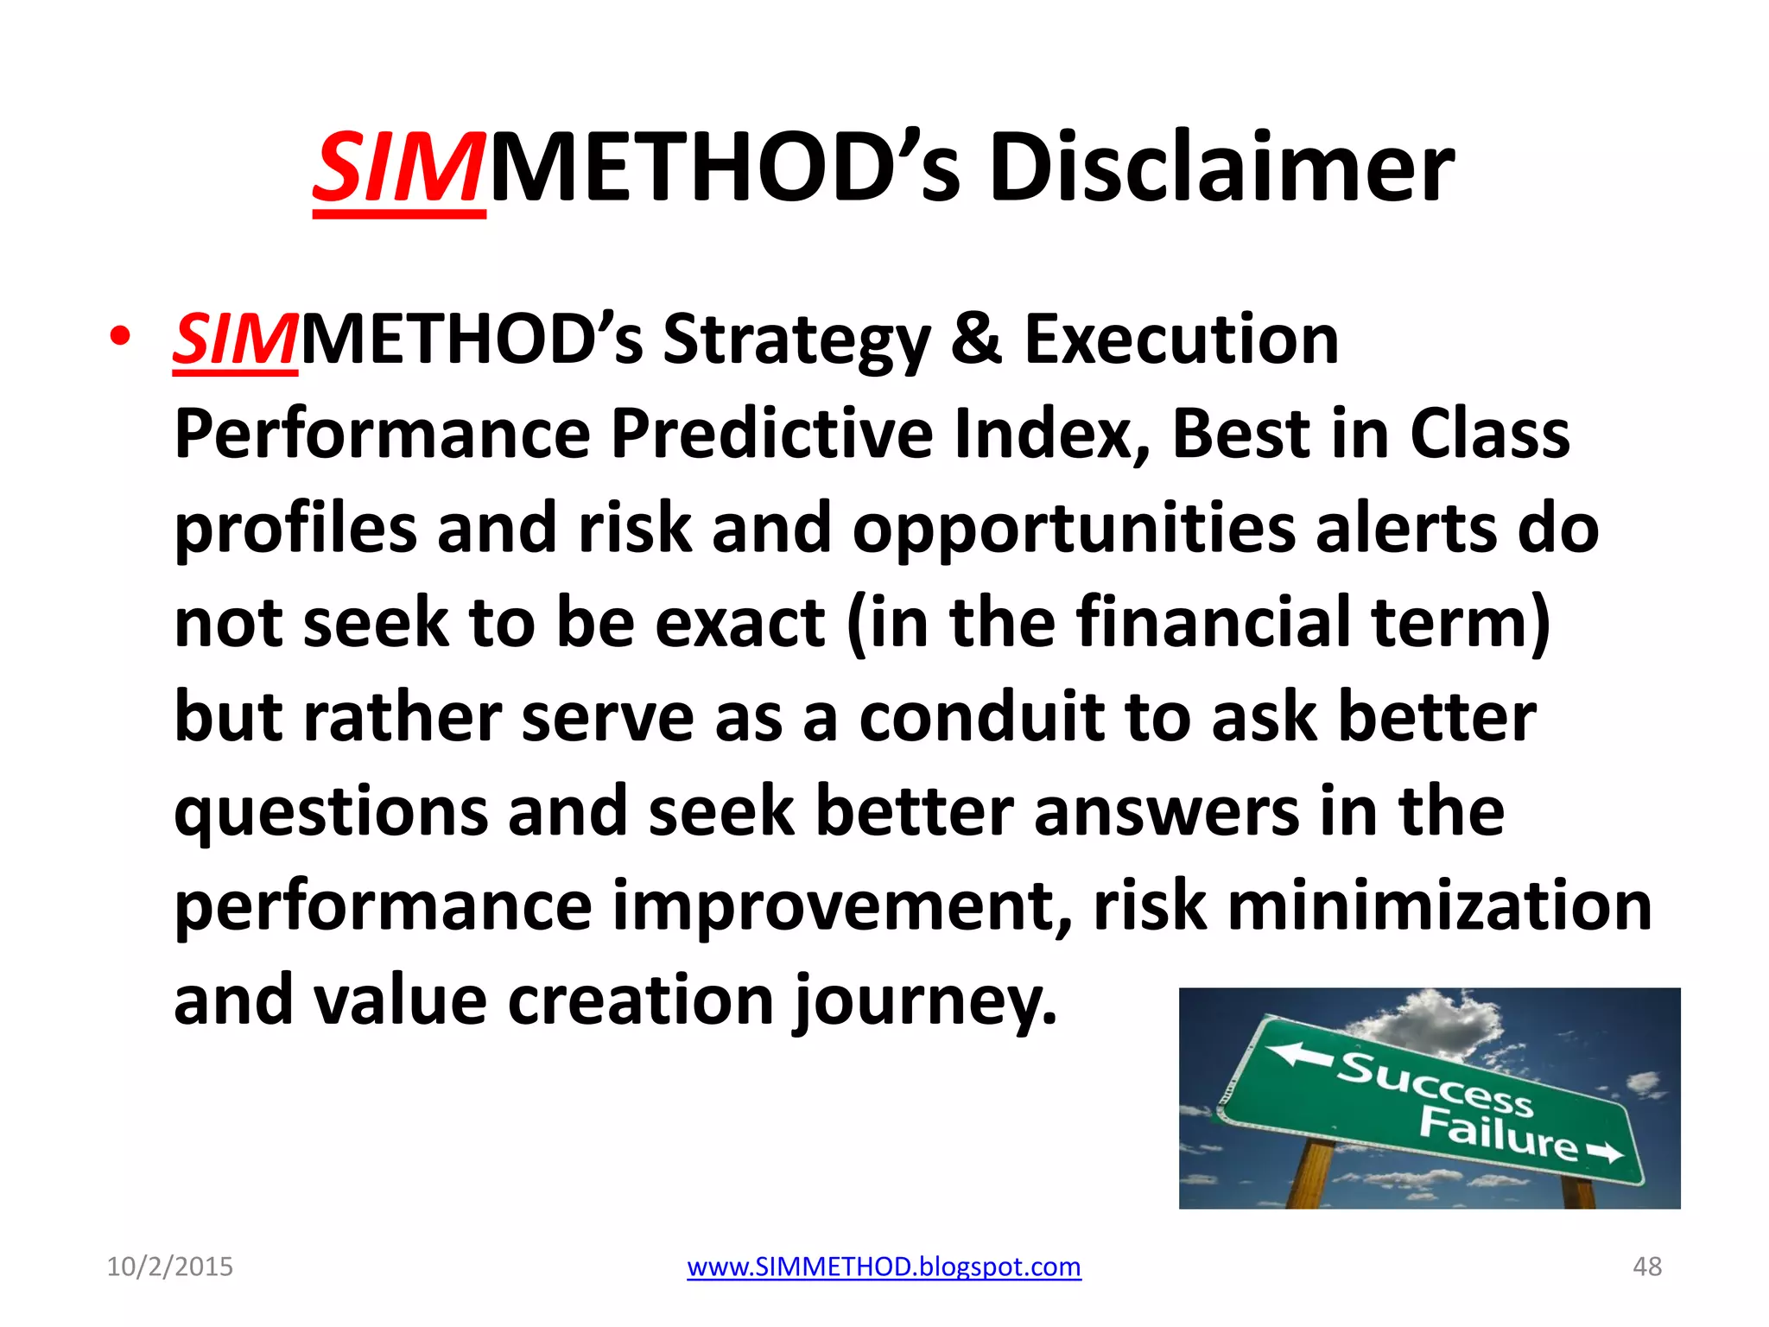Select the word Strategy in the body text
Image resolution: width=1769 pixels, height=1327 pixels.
[x=796, y=341]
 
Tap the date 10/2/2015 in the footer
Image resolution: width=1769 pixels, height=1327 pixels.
[x=170, y=1267]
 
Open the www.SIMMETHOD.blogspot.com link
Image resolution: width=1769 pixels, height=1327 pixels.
[x=884, y=1267]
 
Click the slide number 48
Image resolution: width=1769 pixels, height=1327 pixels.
[x=1646, y=1267]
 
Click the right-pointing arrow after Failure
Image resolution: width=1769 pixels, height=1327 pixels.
[x=1603, y=1153]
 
